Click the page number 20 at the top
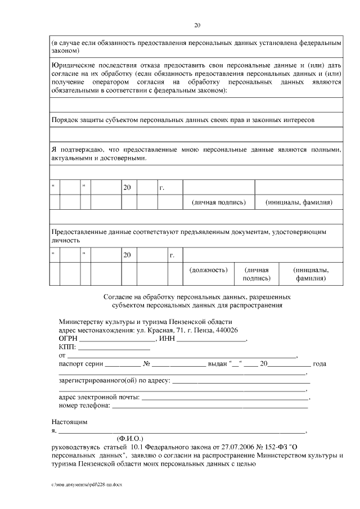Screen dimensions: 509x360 point(197,25)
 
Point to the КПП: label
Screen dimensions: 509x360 point(68,347)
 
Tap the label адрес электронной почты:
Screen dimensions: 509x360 point(99,397)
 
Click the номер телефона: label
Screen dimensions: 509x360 point(85,406)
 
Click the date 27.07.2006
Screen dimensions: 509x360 point(232,447)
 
